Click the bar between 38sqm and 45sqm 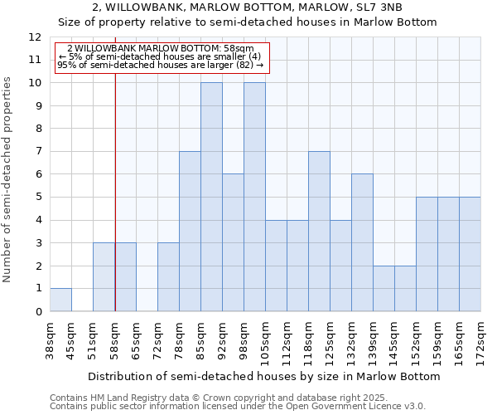click(x=60, y=300)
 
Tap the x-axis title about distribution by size click(x=264, y=376)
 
